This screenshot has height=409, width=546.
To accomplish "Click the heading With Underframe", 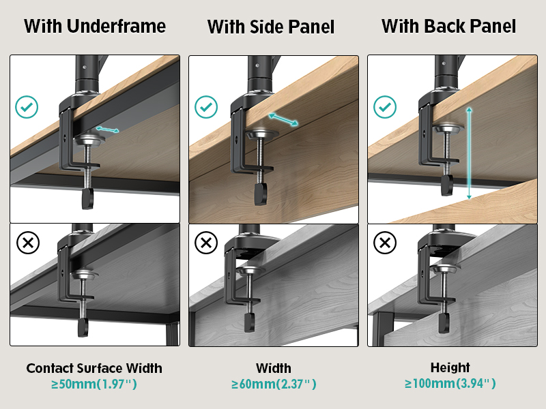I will click(95, 27).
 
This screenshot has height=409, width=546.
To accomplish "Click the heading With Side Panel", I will click(271, 27).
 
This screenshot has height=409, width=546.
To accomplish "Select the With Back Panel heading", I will click(448, 27).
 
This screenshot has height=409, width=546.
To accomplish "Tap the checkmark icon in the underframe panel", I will click(27, 107).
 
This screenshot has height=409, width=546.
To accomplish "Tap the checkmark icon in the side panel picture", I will click(206, 107).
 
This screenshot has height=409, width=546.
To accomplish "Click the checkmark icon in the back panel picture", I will click(385, 107).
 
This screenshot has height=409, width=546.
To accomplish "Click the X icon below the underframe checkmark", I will click(27, 243).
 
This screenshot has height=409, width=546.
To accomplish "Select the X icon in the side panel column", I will click(206, 243).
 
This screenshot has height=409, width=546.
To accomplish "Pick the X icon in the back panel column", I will click(385, 243).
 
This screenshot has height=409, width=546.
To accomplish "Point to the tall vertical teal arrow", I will click(469, 153).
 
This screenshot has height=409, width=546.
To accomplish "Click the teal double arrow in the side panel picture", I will click(283, 119).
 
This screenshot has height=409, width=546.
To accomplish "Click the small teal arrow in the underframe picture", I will click(107, 129).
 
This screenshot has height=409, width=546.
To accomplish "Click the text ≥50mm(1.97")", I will click(94, 384).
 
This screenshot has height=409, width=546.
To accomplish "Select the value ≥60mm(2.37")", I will click(274, 384).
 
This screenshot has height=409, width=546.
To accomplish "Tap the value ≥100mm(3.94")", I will click(450, 384).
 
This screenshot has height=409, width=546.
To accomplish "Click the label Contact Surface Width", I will click(94, 368).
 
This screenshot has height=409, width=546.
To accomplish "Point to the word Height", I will click(450, 367).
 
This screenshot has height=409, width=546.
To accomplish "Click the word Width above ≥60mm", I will click(274, 368).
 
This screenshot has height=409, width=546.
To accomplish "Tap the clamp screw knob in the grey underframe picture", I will click(83, 328).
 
